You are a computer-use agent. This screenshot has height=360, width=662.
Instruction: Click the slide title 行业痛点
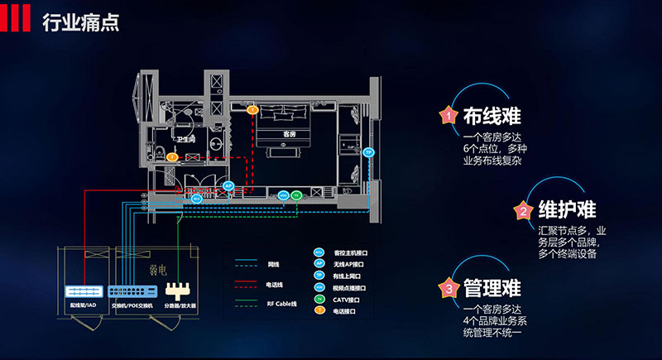80,21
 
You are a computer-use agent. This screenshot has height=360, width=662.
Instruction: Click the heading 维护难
567,209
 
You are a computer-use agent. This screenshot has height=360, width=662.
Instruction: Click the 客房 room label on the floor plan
289,134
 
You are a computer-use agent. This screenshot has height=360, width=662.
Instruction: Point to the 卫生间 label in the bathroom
185,140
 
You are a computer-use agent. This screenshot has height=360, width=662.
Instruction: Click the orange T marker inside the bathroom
171,156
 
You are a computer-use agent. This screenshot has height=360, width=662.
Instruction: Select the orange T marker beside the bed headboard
253,108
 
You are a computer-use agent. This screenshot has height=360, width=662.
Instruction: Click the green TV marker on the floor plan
297,195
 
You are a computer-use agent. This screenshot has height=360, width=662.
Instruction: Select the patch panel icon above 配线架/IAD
84,290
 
